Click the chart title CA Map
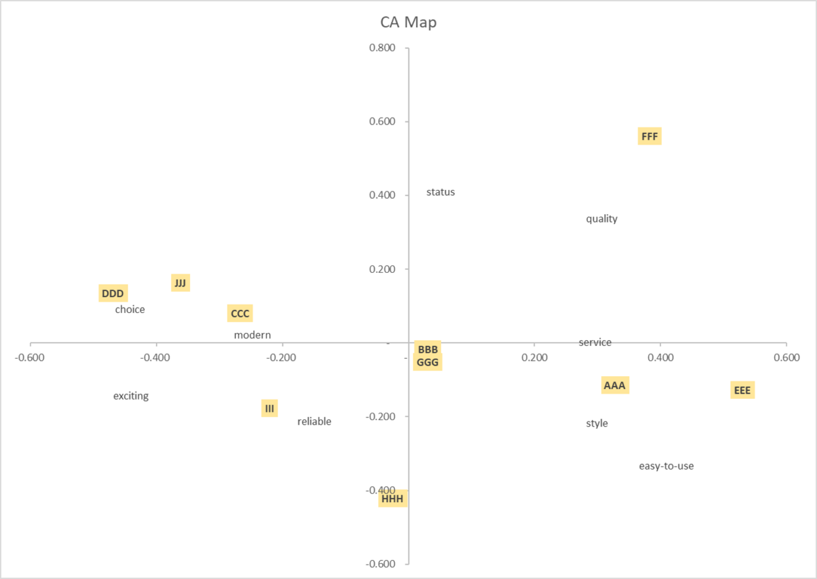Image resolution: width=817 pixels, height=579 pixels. tap(408, 22)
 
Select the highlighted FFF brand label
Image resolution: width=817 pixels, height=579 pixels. tap(649, 136)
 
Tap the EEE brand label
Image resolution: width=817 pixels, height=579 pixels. tap(742, 390)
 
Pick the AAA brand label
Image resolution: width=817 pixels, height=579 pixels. tap(615, 385)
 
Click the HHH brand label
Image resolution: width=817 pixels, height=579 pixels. tap(392, 499)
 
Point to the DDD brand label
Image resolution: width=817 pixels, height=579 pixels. tap(113, 293)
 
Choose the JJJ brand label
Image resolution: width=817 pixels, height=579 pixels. tap(180, 283)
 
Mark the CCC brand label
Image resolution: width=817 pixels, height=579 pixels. tap(240, 314)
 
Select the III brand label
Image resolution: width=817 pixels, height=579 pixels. tap(269, 408)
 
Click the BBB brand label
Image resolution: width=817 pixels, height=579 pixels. tap(428, 350)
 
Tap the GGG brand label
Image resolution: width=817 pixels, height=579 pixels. tap(428, 362)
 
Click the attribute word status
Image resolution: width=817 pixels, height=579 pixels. tap(441, 192)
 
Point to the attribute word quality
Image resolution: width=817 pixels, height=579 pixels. tap(602, 219)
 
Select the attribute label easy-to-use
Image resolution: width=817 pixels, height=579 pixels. tap(666, 466)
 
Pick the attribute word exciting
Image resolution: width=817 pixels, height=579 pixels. tap(131, 396)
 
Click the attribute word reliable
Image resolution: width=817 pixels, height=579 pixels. tap(314, 421)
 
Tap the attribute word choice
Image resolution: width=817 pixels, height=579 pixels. tap(130, 309)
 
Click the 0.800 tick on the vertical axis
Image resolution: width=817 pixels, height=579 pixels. tap(382, 48)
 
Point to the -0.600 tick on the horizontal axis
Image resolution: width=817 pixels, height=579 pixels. tap(30, 358)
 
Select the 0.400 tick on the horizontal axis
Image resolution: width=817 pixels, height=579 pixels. tap(660, 358)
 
